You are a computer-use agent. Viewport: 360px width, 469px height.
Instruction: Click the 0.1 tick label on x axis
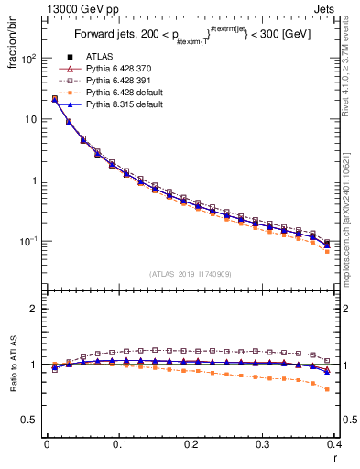pyautogui.click(x=119, y=443)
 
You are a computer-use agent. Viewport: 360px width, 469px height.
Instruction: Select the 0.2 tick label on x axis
pyautogui.click(x=191, y=443)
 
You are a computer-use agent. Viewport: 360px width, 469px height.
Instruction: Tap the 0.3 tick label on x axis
pyautogui.click(x=264, y=443)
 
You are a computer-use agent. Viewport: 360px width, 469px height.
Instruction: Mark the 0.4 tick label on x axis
pyautogui.click(x=335, y=443)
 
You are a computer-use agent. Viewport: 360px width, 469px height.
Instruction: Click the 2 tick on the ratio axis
pyautogui.click(x=36, y=309)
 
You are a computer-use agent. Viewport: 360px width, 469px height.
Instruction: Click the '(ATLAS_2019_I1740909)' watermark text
pyautogui.click(x=191, y=274)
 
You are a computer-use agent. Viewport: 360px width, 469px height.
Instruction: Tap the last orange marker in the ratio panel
pyautogui.click(x=327, y=389)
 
